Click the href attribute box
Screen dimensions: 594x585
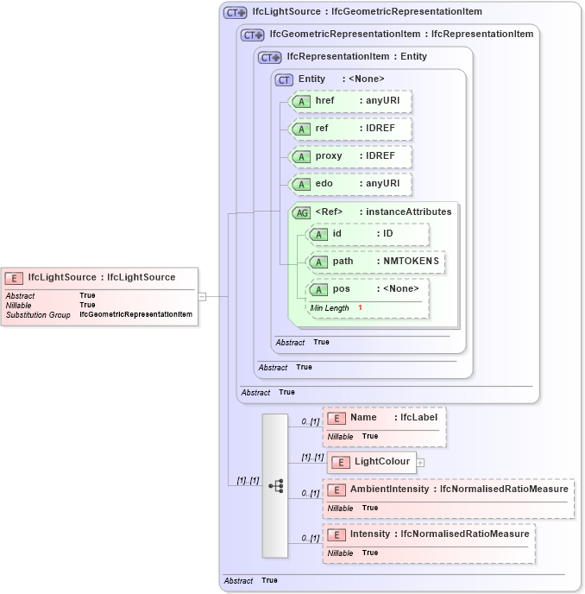(350, 101)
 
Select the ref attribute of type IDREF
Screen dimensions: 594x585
(350, 129)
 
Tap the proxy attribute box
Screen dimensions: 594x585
(350, 156)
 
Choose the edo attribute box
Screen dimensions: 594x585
(350, 184)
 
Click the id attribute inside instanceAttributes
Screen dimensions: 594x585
(368, 234)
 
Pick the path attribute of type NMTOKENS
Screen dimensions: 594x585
(377, 262)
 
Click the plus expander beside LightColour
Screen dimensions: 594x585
(420, 463)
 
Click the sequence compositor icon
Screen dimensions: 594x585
(275, 486)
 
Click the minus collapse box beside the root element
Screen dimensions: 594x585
(202, 296)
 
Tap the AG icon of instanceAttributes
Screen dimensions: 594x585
(302, 212)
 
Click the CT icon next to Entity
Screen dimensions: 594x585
(284, 79)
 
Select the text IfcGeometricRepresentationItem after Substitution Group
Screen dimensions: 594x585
(135, 315)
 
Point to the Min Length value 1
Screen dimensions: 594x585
(360, 308)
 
